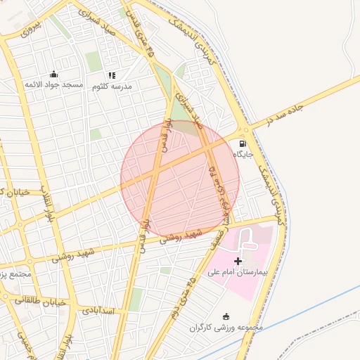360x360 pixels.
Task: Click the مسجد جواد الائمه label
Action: tap(54, 85)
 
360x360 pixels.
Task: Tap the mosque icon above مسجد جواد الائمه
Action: tap(54, 74)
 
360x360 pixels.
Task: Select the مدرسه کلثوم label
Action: tap(111, 86)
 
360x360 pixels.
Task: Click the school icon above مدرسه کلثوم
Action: tap(111, 75)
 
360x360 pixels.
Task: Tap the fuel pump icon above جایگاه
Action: tap(243, 143)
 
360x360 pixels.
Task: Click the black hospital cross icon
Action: tap(238, 261)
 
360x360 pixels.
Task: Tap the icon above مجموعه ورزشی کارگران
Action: tap(226, 316)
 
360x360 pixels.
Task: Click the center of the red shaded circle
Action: tap(180, 179)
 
